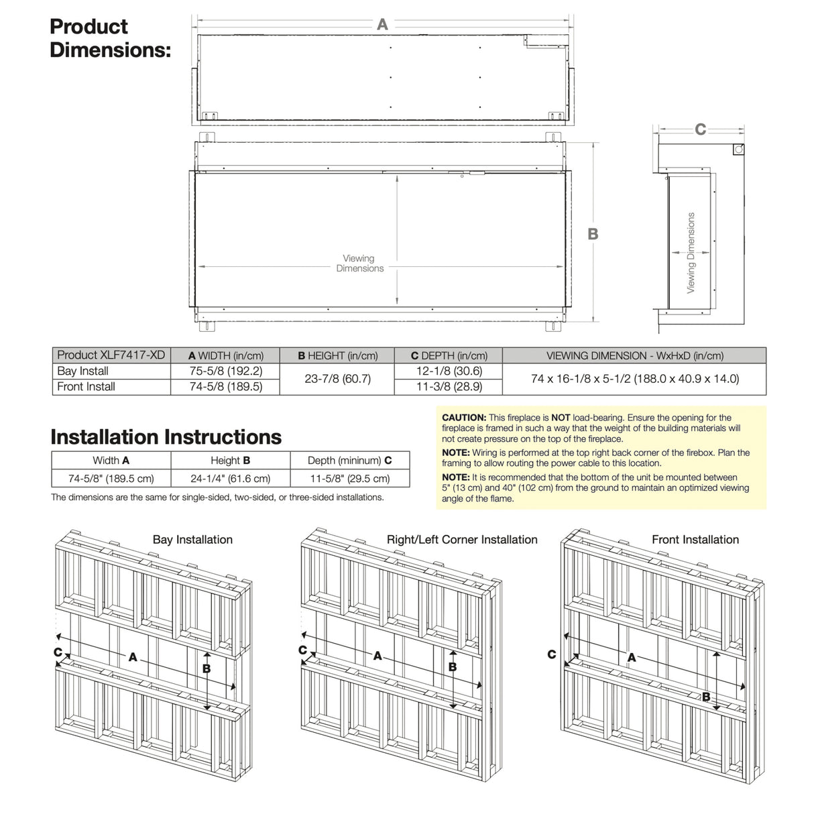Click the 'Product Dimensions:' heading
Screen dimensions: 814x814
click(x=109, y=38)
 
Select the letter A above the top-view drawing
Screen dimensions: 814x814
click(x=382, y=25)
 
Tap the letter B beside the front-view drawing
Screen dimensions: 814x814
click(x=593, y=234)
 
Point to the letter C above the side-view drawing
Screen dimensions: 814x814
click(x=701, y=129)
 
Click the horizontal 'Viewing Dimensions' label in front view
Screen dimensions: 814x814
click(x=359, y=264)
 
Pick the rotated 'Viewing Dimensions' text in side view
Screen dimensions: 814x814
click(x=691, y=253)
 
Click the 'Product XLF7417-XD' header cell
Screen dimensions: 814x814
click(x=111, y=355)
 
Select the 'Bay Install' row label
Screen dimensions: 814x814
click(x=83, y=371)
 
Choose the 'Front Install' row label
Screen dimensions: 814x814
click(x=86, y=387)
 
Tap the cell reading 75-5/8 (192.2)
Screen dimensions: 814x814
click(x=226, y=371)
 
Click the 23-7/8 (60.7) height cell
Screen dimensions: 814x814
click(x=337, y=379)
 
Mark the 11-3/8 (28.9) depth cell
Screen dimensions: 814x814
click(x=449, y=387)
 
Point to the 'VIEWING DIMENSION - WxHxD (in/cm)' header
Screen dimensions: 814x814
click(x=634, y=356)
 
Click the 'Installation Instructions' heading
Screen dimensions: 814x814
click(x=166, y=437)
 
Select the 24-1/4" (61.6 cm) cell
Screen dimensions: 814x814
click(x=230, y=479)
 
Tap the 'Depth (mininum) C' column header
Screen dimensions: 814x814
click(x=349, y=461)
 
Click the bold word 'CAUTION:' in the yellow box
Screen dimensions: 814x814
click(x=464, y=418)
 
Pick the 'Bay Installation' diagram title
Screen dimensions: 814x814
click(x=192, y=540)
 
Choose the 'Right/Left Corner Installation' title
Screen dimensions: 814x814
click(x=462, y=540)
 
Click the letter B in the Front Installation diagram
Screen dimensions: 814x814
click(x=706, y=697)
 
